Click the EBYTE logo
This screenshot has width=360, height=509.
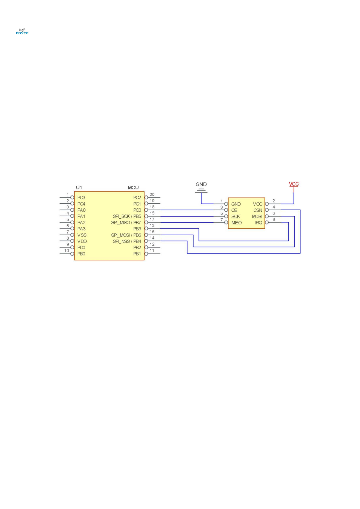22,31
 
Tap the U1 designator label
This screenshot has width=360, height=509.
79,188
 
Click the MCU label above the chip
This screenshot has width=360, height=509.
133,188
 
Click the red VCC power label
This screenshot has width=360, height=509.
294,184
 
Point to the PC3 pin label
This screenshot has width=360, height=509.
81,198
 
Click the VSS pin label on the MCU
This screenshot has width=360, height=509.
82,235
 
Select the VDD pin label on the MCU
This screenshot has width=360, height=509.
82,241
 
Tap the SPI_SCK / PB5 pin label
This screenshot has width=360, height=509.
127,216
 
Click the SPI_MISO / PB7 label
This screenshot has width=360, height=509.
126,223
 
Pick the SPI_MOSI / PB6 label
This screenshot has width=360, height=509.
126,235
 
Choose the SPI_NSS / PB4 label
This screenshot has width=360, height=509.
127,241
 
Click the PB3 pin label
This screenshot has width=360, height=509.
137,229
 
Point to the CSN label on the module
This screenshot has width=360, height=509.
258,210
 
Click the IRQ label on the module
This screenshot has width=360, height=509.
259,223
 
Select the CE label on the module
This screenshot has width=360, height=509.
234,210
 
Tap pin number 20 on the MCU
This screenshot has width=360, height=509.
152,195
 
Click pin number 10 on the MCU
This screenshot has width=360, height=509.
66,250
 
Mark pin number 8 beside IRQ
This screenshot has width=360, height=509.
274,220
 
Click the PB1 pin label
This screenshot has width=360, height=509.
137,254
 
